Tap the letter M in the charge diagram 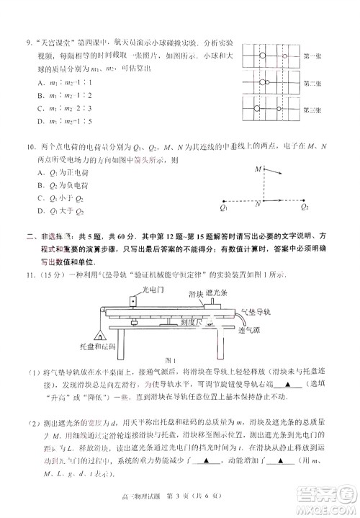[x=257, y=169]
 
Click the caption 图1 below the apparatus [x=171, y=360]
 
